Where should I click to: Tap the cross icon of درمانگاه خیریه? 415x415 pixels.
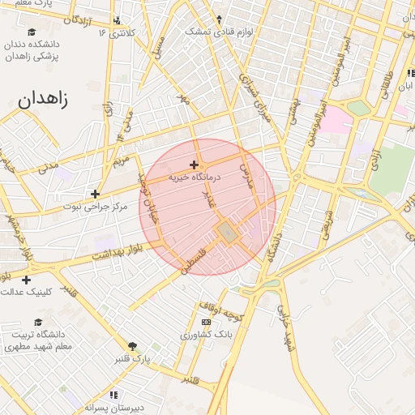point(194,165)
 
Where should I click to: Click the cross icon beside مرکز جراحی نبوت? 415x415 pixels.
point(96,194)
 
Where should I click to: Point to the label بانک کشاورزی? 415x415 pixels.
point(207,334)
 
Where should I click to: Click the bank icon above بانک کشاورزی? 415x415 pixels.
point(206,322)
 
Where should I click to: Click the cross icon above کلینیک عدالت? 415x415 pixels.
point(27,280)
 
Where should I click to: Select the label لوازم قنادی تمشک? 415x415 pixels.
point(219,31)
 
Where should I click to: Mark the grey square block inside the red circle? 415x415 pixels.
point(227,233)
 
